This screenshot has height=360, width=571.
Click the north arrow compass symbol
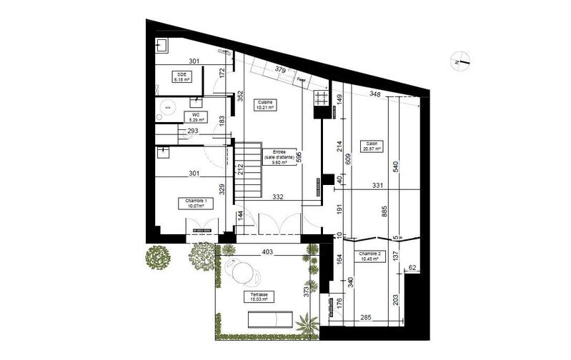(460, 62)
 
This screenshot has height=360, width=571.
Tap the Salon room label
(372, 146)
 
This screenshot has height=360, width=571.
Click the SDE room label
(179, 78)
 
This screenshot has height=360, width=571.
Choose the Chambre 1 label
(196, 204)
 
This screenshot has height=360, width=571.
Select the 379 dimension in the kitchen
(281, 70)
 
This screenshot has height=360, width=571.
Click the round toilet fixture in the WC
(169, 106)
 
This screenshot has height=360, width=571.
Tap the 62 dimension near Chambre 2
(412, 268)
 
